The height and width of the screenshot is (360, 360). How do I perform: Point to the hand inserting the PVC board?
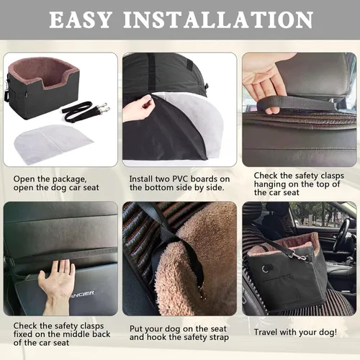tap(138, 108)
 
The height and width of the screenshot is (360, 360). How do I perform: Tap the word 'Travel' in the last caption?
tap(269, 332)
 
